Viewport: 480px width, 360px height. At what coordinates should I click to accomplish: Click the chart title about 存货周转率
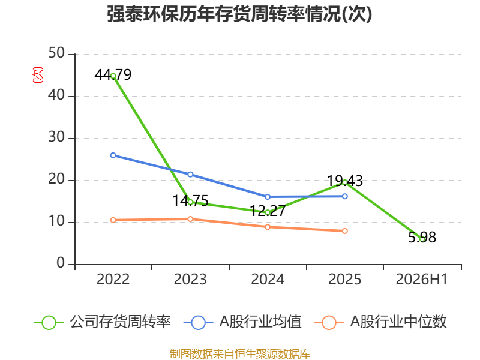239,14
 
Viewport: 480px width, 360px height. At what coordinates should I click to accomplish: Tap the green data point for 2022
113,76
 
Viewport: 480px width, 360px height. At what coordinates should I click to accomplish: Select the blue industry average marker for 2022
113,155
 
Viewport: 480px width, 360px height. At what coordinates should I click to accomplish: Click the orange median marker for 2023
190,219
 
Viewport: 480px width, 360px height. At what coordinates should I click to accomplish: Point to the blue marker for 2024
268,197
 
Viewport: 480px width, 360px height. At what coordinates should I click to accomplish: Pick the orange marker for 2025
344,231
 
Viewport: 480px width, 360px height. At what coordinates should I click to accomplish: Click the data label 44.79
113,74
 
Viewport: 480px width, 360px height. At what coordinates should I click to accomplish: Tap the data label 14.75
190,200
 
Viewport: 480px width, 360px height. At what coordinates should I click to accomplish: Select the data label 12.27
268,211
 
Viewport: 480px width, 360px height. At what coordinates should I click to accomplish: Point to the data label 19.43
345,181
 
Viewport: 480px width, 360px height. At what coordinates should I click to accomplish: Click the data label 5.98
422,237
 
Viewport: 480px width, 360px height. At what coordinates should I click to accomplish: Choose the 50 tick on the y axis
56,53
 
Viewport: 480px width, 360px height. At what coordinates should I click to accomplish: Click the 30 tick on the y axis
56,137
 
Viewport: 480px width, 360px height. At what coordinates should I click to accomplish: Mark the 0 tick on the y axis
61,263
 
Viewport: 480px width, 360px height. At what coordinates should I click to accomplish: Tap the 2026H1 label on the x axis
422,279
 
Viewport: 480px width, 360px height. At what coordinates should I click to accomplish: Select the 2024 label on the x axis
268,279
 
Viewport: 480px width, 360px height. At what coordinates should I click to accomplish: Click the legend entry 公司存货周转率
102,322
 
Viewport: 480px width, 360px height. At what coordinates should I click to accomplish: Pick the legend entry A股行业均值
242,322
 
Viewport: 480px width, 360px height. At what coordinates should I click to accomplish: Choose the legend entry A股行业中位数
380,322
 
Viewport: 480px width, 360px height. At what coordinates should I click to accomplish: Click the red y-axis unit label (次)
38,74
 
